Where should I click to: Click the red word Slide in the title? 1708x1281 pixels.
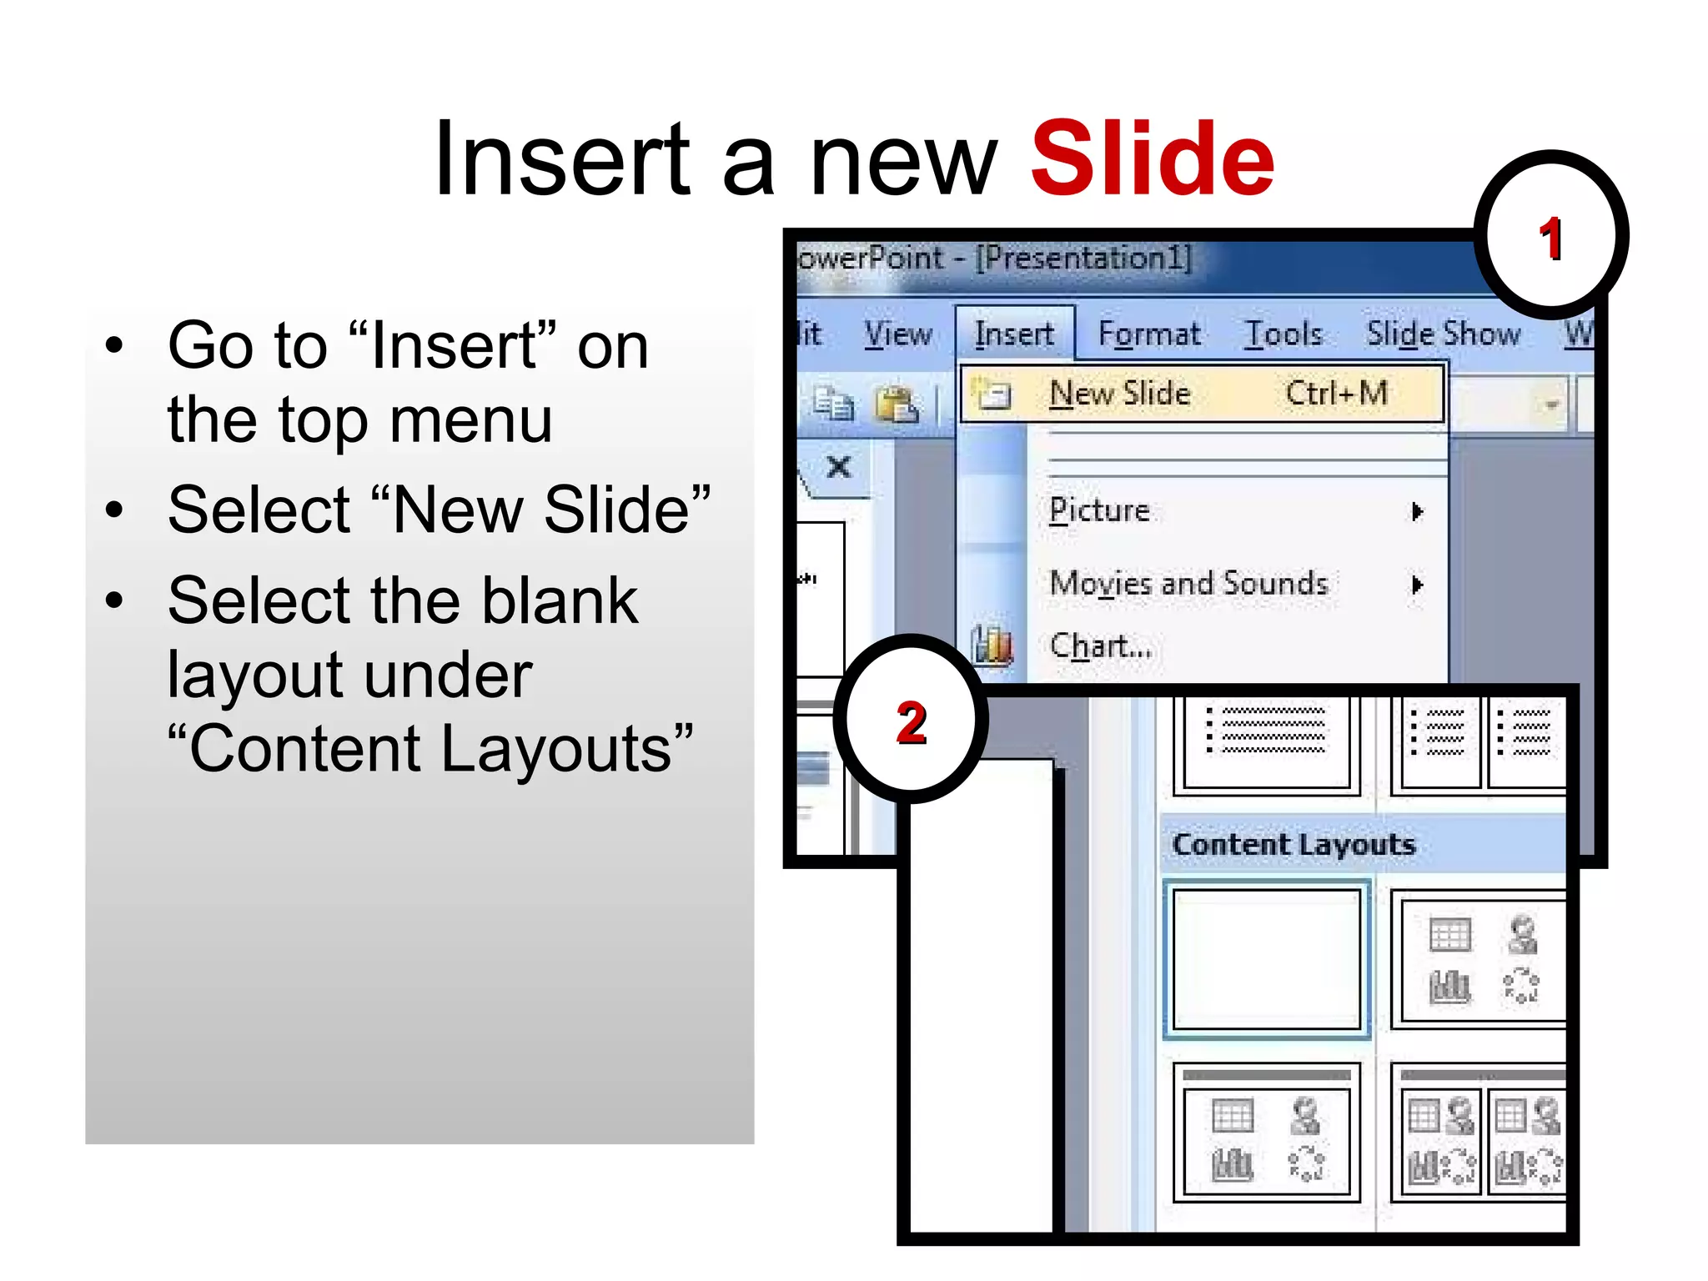[x=1153, y=158]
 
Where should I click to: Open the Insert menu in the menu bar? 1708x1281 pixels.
[x=1014, y=334]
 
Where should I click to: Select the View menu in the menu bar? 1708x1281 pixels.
[x=897, y=334]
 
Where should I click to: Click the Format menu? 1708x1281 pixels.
[x=1149, y=334]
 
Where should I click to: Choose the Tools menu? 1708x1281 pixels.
[x=1283, y=334]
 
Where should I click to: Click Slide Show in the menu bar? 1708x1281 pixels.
[x=1443, y=334]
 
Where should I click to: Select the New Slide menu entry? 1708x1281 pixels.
[x=1119, y=394]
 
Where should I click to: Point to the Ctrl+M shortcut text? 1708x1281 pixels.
[x=1336, y=394]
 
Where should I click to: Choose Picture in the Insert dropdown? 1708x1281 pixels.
[x=1099, y=510]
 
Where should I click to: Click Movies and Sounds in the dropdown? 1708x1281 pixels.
[x=1188, y=584]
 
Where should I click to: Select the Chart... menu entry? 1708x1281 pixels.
[x=1101, y=646]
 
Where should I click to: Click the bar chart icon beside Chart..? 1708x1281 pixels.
[x=992, y=646]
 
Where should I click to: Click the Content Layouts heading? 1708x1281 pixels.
[x=1294, y=845]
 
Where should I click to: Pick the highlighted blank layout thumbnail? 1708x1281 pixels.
[x=1266, y=959]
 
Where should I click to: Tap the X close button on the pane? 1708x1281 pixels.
[x=839, y=467]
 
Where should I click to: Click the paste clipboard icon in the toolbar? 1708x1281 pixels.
[x=896, y=405]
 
